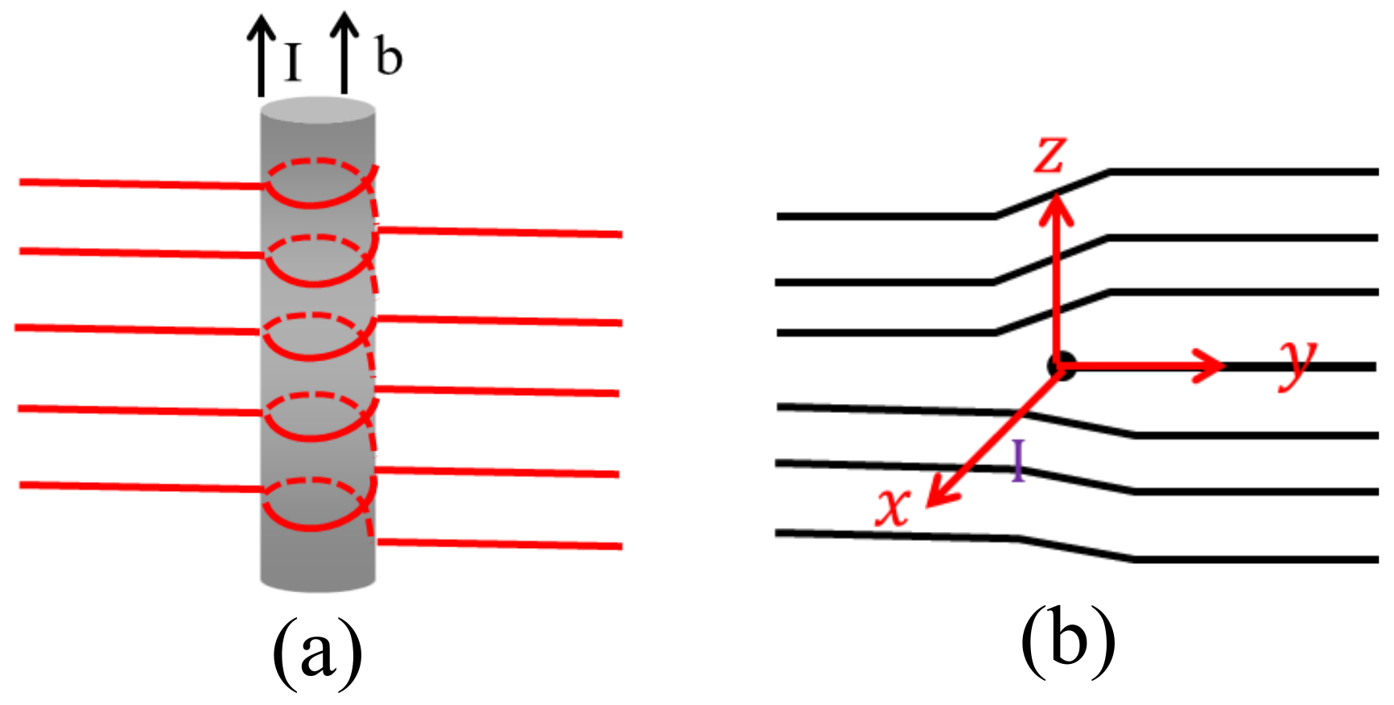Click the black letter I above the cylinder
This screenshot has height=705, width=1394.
[293, 62]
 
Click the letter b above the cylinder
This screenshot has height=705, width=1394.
[389, 58]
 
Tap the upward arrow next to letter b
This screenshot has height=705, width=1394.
[344, 52]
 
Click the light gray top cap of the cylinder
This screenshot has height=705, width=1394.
[318, 109]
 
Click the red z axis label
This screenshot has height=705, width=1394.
[1050, 155]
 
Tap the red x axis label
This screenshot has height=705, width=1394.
[893, 506]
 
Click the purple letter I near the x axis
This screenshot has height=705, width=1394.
[1019, 460]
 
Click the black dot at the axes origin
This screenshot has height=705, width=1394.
[1060, 367]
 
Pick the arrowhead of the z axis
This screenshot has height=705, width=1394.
[1057, 206]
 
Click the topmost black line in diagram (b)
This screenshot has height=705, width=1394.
[1239, 171]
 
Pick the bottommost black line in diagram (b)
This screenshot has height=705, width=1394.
[1256, 559]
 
